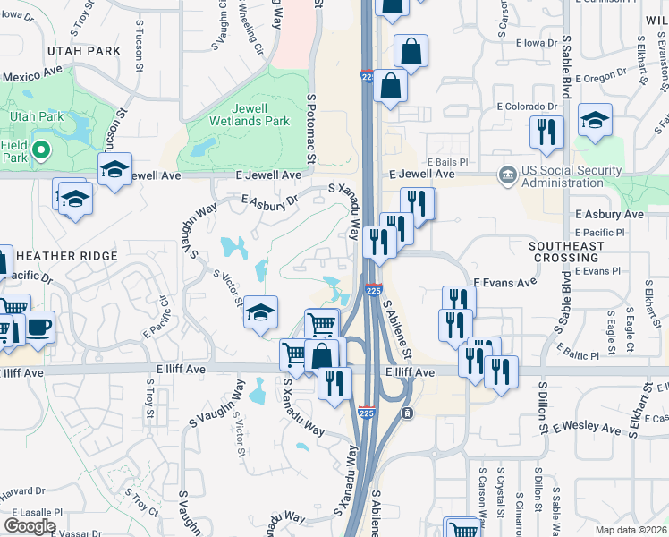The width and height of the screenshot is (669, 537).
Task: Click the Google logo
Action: pyautogui.click(x=30, y=526)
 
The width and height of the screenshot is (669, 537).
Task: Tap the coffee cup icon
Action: pyautogui.click(x=38, y=328)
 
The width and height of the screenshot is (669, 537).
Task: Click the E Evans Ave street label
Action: pyautogui.click(x=504, y=282)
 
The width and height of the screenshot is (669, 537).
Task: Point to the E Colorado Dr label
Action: pyautogui.click(x=527, y=107)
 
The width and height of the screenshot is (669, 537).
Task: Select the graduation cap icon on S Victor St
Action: pyautogui.click(x=260, y=312)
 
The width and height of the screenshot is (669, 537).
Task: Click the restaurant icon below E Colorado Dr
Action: pyautogui.click(x=546, y=132)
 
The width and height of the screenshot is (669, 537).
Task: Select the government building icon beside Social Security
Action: pyautogui.click(x=506, y=173)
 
